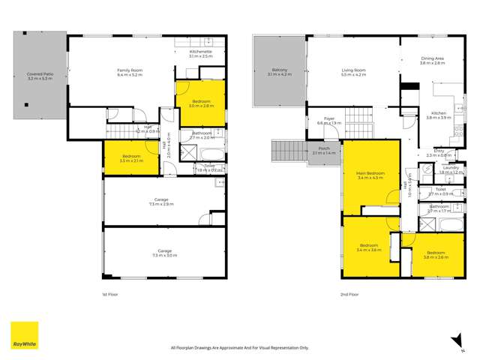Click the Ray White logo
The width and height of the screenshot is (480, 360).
(24, 336)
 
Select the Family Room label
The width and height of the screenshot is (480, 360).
(129, 72)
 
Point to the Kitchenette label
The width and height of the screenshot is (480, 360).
(192, 52)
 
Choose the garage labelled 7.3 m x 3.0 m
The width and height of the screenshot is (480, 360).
(164, 253)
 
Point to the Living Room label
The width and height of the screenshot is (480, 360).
(352, 72)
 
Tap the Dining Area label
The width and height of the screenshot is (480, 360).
(433, 61)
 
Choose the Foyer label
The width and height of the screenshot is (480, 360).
(329, 120)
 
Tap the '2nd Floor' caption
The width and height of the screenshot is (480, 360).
(349, 295)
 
